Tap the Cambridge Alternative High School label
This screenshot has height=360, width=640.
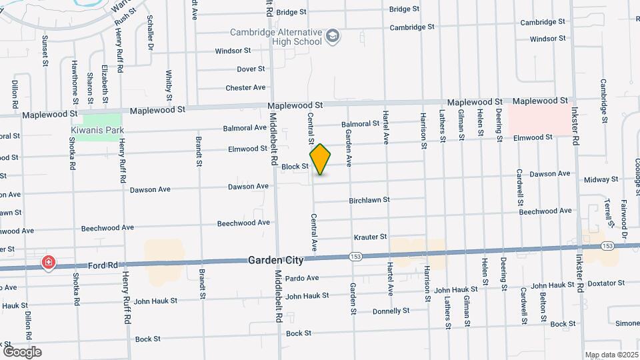[276, 37]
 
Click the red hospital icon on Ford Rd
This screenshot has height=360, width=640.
[49, 263]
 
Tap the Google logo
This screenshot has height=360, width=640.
[22, 351]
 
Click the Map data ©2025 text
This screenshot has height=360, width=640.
[611, 354]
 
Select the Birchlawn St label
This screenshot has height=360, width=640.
[369, 200]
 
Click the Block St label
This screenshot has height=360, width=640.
[295, 167]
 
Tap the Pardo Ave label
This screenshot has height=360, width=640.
[303, 278]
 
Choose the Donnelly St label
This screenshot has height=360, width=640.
[391, 311]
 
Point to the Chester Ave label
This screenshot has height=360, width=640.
[245, 87]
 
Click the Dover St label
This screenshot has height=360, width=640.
[251, 69]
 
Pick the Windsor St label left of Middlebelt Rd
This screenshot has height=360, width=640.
[233, 51]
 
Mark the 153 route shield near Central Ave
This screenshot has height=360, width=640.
[353, 255]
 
